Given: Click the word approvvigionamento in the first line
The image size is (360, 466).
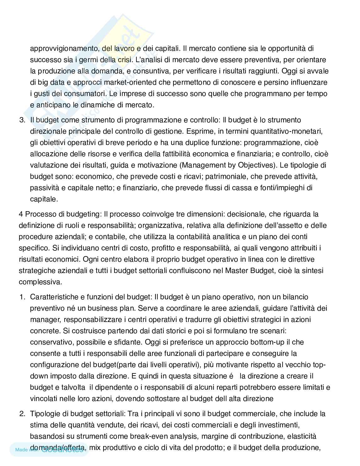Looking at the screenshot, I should coord(65,49).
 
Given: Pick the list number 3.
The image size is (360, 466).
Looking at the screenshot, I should coord(22,120).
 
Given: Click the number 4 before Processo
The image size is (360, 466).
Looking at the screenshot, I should coord(21,214).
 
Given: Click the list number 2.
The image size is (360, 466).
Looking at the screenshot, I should coord(22,414).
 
